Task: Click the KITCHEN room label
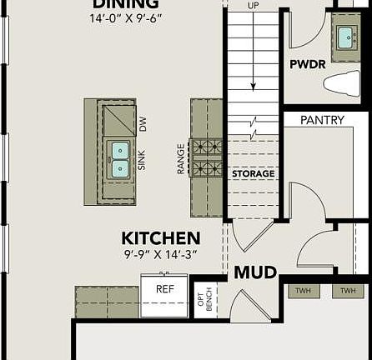point(161,238)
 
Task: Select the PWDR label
point(307,64)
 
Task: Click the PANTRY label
point(322,120)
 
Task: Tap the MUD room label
point(255,272)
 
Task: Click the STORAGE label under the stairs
point(253,174)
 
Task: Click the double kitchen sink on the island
point(120,159)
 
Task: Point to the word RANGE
point(181,158)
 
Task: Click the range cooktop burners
point(206,157)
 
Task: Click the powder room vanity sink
point(345,37)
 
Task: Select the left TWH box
point(302,291)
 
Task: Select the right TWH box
point(348,291)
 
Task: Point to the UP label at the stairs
point(254,5)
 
